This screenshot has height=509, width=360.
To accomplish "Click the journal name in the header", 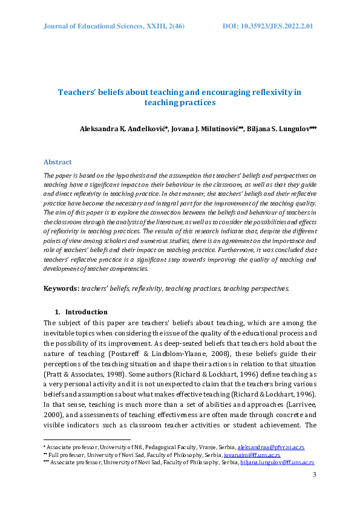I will click(x=114, y=27).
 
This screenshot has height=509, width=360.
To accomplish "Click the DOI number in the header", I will click(x=267, y=27).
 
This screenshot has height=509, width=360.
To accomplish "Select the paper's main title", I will click(x=179, y=97).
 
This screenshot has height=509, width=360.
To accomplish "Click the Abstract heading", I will click(x=57, y=162).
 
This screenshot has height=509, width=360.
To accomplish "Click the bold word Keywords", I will click(x=61, y=288).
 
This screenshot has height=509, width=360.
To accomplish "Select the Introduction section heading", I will click(x=86, y=312).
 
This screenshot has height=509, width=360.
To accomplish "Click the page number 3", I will click(x=314, y=475).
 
